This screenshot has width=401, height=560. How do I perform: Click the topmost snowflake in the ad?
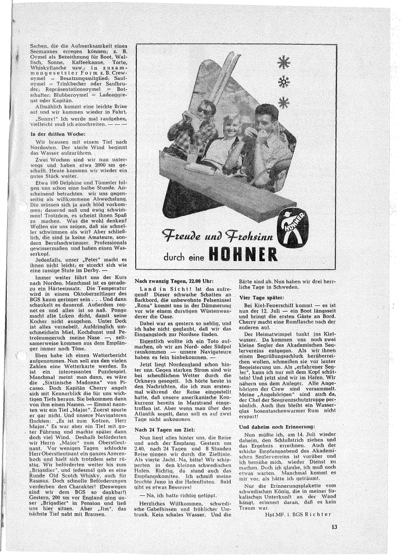[x=283, y=62]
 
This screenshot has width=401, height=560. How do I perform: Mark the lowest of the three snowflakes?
[x=284, y=102]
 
